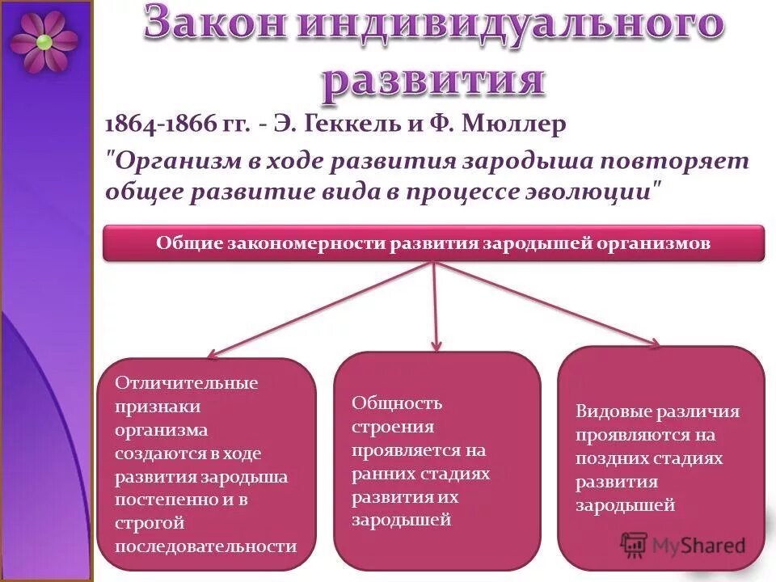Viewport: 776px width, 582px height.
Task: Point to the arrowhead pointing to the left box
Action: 213,353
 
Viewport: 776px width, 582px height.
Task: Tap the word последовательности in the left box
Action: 205,546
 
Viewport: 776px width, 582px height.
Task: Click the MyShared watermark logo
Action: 683,545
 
